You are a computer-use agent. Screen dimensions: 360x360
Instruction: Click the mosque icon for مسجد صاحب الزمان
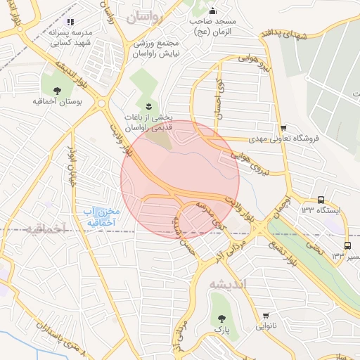214,11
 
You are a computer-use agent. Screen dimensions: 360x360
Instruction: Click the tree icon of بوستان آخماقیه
56,89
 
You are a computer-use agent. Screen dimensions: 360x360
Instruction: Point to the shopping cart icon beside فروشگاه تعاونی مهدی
283,128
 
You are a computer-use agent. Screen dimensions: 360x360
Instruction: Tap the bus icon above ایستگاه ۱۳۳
321,199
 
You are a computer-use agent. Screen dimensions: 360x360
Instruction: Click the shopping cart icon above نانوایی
266,316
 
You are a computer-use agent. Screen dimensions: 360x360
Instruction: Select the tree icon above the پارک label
221,318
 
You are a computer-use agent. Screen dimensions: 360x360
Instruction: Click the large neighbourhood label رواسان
145,18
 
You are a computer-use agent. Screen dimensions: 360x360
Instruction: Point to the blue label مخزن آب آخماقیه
102,217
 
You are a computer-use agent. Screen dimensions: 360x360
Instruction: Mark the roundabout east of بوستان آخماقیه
102,103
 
